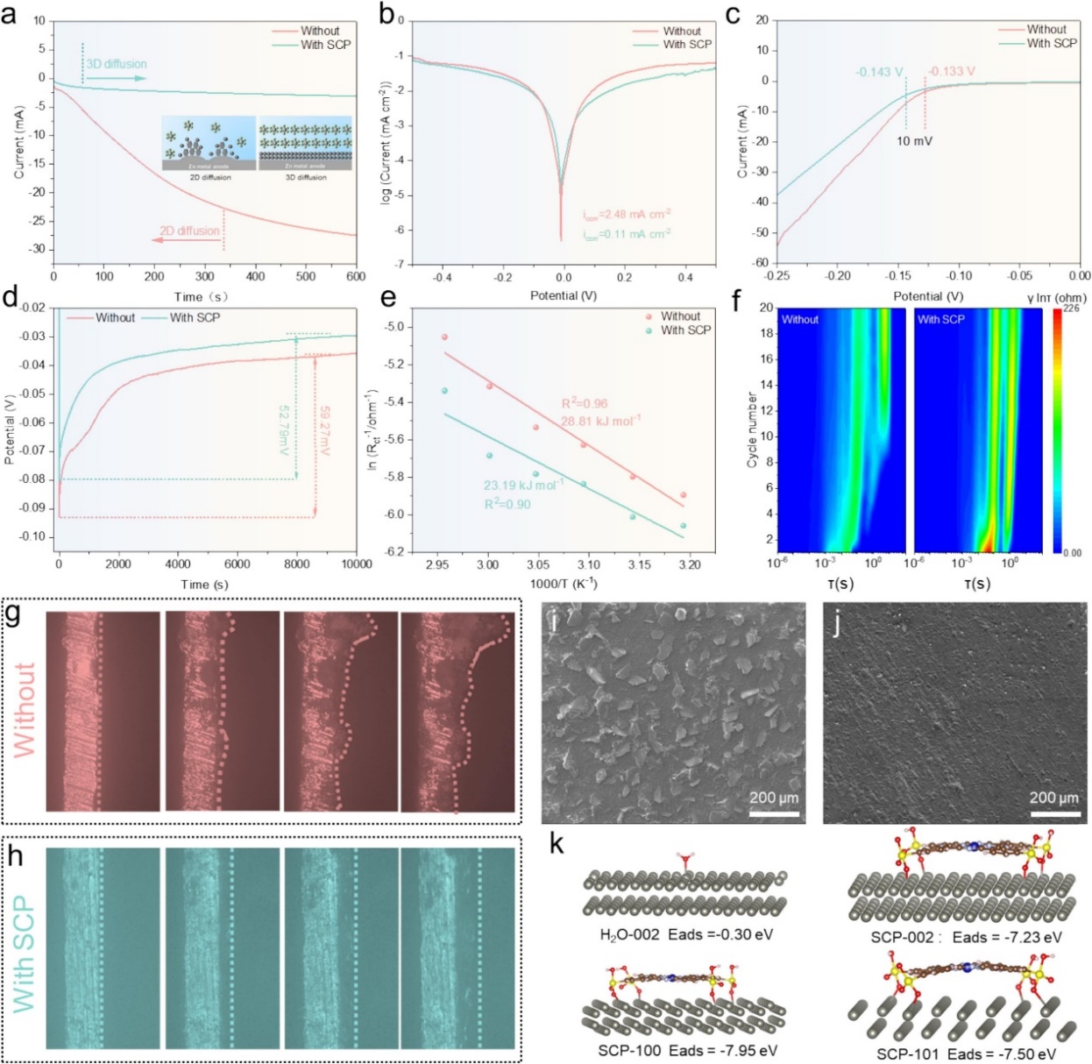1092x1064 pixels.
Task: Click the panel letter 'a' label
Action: (x=10, y=15)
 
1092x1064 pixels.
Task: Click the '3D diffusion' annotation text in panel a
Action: (x=116, y=64)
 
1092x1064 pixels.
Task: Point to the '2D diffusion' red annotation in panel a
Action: (x=189, y=231)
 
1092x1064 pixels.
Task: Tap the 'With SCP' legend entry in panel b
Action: (x=686, y=44)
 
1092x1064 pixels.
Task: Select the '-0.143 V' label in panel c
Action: (x=879, y=72)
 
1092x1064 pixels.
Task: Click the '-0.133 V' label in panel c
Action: (x=952, y=72)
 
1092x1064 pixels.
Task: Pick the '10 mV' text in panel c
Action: (x=914, y=141)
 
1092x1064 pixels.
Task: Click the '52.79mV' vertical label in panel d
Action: (x=284, y=429)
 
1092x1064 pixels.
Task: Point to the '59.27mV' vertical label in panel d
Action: (x=324, y=429)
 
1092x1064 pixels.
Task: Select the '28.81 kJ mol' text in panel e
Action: (x=600, y=422)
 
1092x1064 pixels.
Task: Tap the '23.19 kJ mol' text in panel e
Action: (x=523, y=485)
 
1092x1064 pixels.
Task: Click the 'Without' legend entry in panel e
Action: (x=680, y=316)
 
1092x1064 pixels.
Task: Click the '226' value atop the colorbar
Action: (x=1071, y=309)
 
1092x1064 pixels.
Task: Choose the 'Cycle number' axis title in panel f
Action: (x=752, y=429)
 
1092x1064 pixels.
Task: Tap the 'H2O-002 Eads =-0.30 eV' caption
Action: (x=686, y=934)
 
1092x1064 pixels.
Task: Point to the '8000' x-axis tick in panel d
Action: (x=296, y=564)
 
